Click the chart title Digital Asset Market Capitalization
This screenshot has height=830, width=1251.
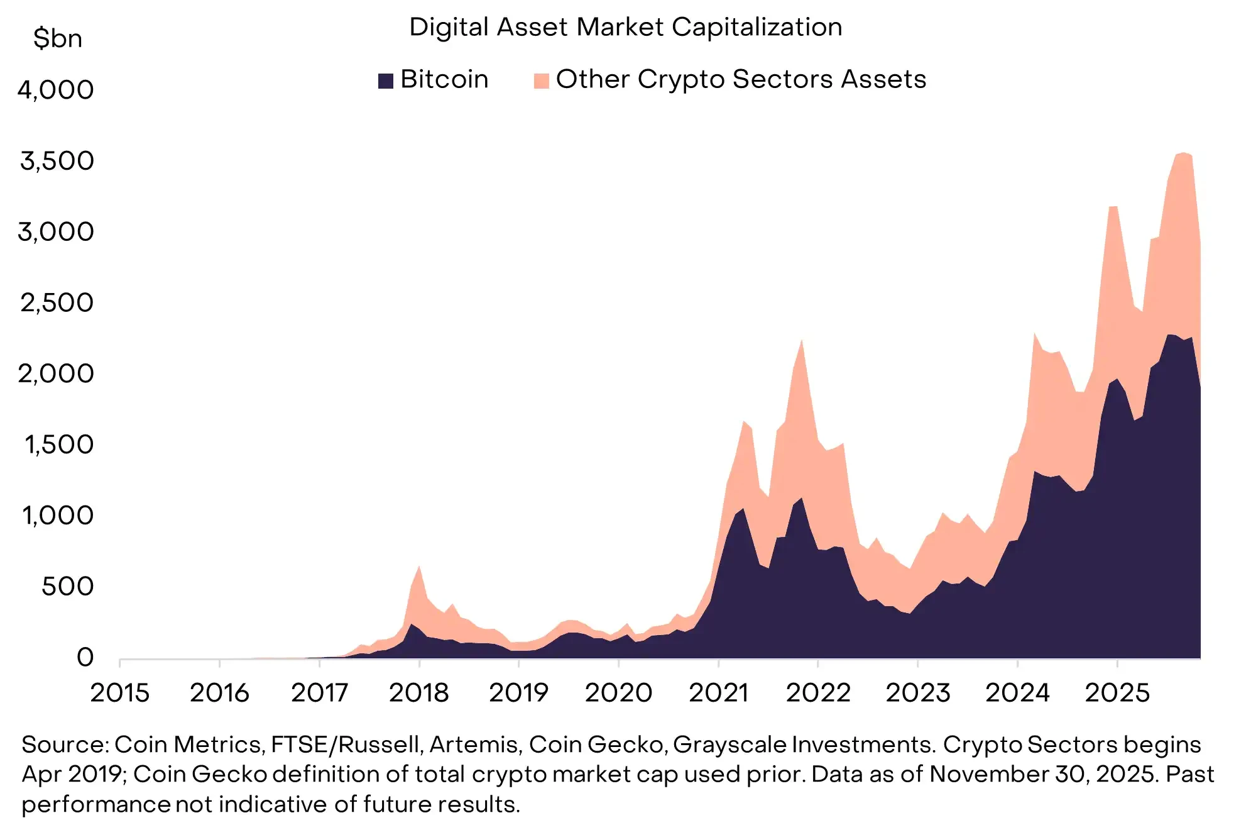[x=625, y=27]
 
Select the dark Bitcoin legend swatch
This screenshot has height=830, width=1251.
[x=385, y=80]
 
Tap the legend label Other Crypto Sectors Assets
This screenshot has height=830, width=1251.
[x=741, y=79]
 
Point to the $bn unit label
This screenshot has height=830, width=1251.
[x=57, y=39]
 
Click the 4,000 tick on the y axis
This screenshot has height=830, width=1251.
[x=56, y=90]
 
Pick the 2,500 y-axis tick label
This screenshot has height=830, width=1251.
[x=57, y=303]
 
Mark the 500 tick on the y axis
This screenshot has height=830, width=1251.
[x=67, y=587]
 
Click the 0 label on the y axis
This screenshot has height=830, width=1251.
[x=85, y=658]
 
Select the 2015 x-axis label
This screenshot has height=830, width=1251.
[x=120, y=693]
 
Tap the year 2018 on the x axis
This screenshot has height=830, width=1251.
[x=419, y=693]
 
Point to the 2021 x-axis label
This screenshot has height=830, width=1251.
[x=718, y=693]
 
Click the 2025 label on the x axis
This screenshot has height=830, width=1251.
[x=1117, y=693]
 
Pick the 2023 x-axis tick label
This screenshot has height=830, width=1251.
[x=917, y=693]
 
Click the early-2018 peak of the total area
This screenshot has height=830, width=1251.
[x=419, y=567]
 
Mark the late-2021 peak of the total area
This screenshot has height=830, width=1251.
[x=802, y=340]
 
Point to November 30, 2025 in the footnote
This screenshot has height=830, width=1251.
[x=1043, y=774]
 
